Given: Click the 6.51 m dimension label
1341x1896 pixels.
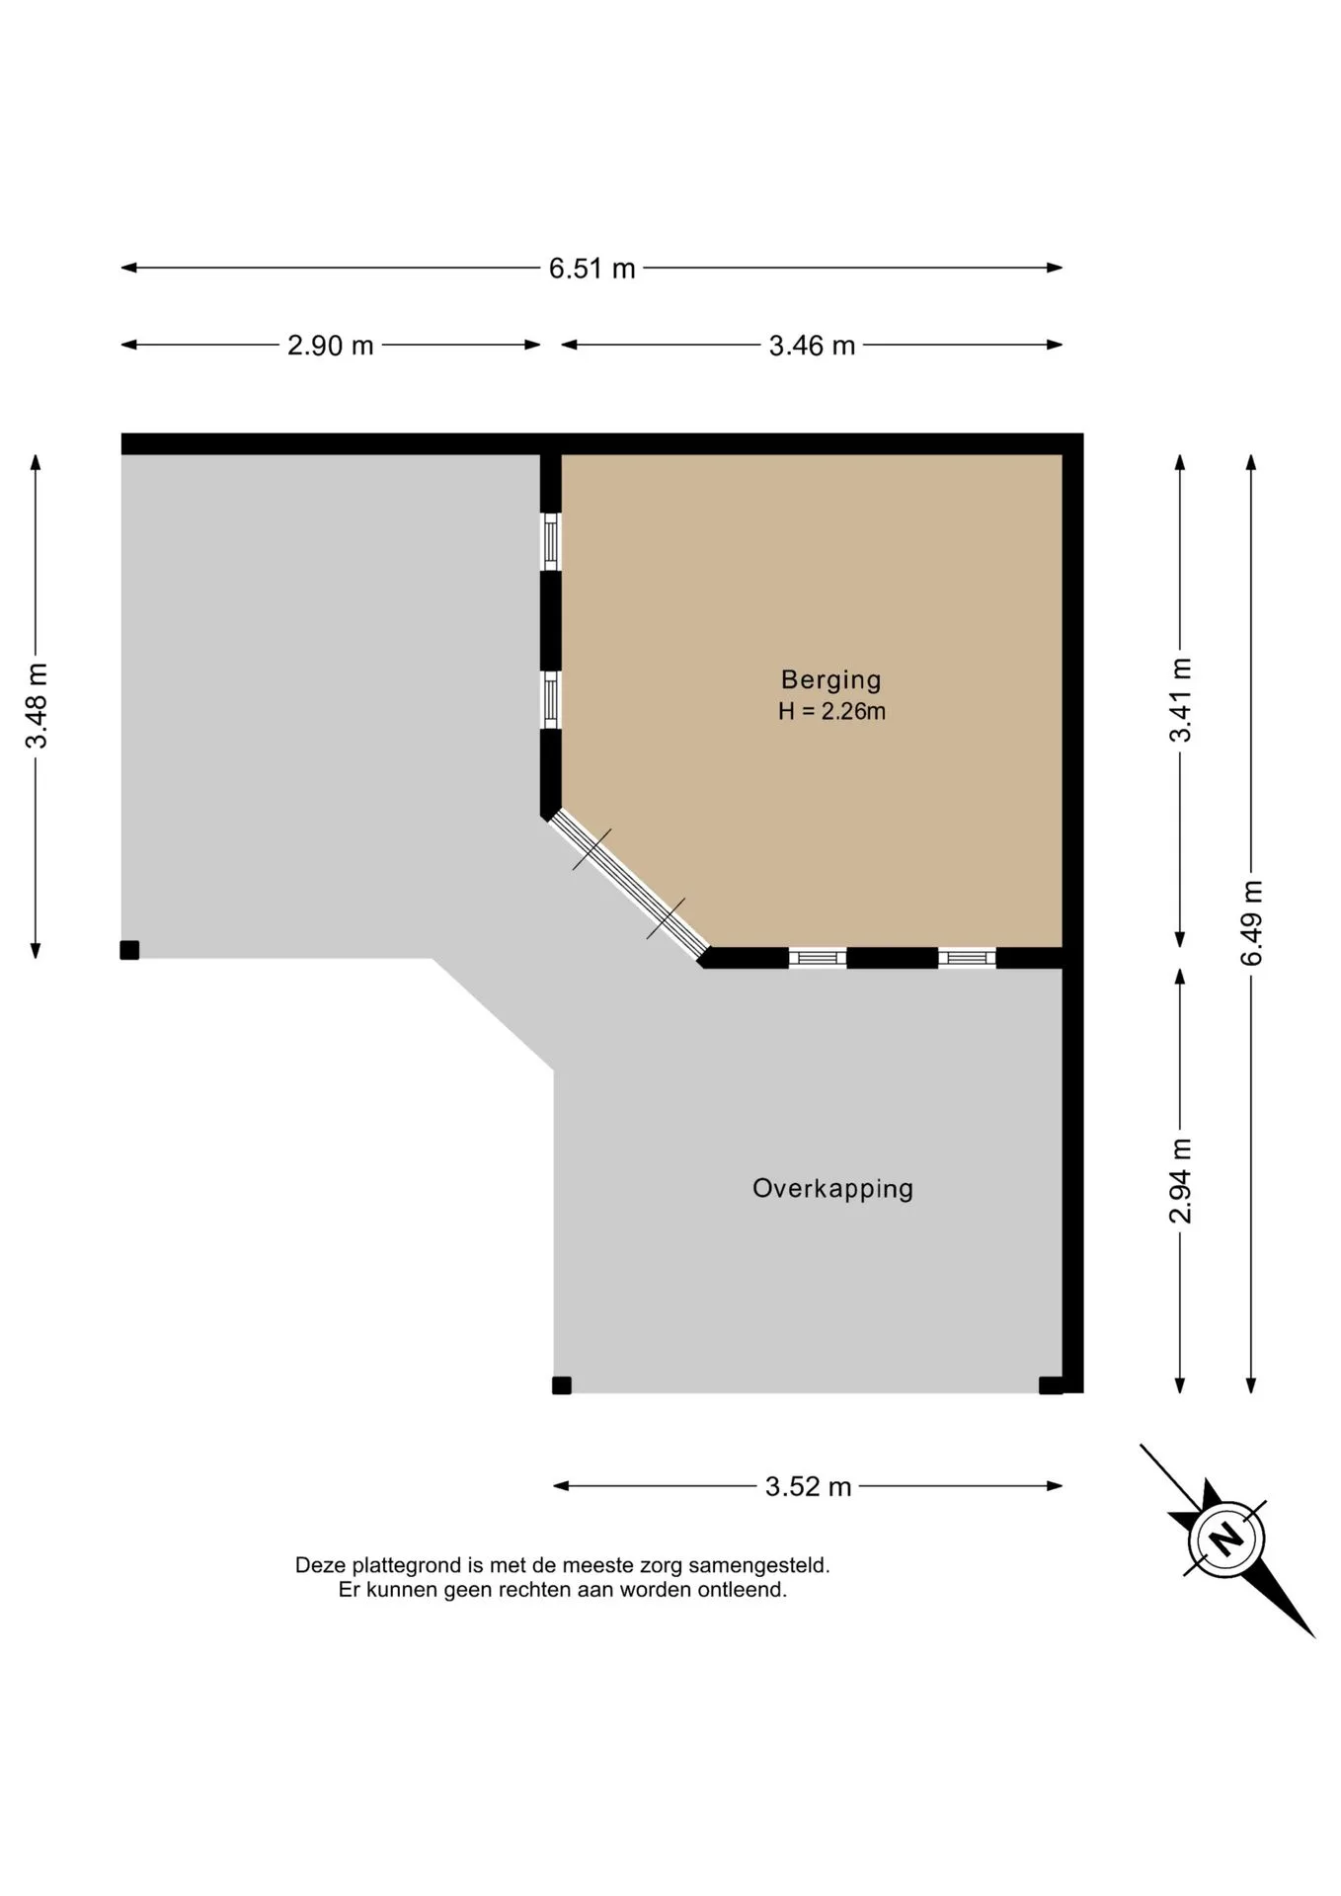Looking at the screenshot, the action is pyautogui.click(x=592, y=268).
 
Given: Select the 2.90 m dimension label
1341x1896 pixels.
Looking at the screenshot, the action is pyautogui.click(x=330, y=346).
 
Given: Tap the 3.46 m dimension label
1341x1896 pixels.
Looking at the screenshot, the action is pyautogui.click(x=812, y=346).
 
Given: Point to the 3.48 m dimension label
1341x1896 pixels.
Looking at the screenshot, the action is pyautogui.click(x=37, y=706).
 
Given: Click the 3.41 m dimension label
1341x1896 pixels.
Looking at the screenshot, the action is pyautogui.click(x=1181, y=699).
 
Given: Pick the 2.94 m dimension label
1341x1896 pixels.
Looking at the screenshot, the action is pyautogui.click(x=1181, y=1181).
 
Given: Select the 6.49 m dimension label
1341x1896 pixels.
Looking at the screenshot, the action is pyautogui.click(x=1252, y=923).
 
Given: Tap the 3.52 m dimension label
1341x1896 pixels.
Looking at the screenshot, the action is pyautogui.click(x=808, y=1486).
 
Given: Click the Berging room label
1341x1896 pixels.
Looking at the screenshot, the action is pyautogui.click(x=830, y=679).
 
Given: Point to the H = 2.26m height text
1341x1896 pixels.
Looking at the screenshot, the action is pyautogui.click(x=831, y=711).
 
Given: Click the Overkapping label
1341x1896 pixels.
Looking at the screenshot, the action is pyautogui.click(x=832, y=1188).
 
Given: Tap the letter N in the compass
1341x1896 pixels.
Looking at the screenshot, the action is pyautogui.click(x=1226, y=1538).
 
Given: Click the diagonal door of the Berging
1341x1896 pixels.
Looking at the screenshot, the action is pyautogui.click(x=628, y=885).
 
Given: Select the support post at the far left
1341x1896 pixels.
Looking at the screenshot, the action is pyautogui.click(x=129, y=950).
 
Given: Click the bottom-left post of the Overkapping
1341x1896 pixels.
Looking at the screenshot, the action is pyautogui.click(x=562, y=1385).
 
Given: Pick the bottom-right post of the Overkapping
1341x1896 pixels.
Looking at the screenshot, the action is pyautogui.click(x=1051, y=1385).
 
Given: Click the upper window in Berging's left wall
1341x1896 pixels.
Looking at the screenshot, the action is pyautogui.click(x=551, y=541).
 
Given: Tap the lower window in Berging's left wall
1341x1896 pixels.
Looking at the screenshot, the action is pyautogui.click(x=551, y=700).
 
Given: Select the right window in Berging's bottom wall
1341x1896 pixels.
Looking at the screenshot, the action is pyautogui.click(x=967, y=958).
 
